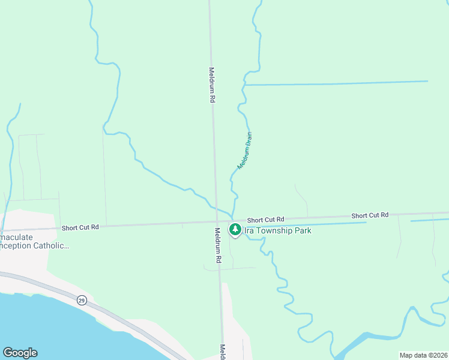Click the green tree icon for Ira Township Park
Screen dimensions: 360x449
tap(235, 229)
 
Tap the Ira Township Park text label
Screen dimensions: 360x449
tap(277, 230)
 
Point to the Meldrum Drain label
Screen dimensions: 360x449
tap(245, 151)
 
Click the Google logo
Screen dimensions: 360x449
tap(20, 353)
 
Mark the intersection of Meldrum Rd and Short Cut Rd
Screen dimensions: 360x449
tap(215, 221)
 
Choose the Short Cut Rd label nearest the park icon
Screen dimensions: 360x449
tap(265, 220)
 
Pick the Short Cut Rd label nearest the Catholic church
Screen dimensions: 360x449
tap(80, 227)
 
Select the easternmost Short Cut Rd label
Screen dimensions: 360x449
tap(370, 215)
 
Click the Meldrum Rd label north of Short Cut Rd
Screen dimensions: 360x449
tap(212, 84)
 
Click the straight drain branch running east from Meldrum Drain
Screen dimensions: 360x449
tap(336, 83)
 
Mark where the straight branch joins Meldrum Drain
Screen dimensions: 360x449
tap(244, 85)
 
